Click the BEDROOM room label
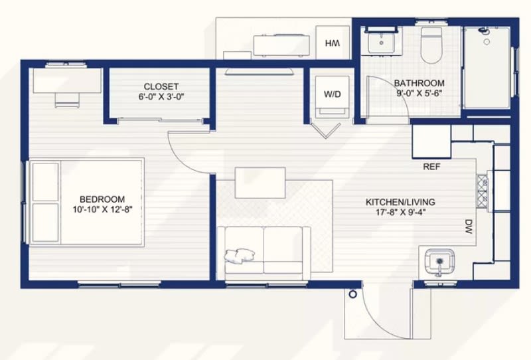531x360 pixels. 102,199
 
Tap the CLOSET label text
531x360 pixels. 161,86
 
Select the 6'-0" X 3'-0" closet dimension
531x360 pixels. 161,97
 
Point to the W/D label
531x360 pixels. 333,94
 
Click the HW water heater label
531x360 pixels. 333,43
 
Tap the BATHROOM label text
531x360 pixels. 419,83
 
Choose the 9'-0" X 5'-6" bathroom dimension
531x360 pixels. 419,93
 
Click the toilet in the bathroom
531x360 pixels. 431,45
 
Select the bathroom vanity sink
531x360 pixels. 382,42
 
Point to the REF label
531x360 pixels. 432,167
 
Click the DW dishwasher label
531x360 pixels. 469,226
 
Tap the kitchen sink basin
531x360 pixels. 439,262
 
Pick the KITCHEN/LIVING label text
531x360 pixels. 400,202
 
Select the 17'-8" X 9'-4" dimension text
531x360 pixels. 400,213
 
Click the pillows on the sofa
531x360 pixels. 239,255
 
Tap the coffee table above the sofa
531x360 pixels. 260,183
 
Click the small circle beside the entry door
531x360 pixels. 353,294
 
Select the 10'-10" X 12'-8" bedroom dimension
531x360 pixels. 102,209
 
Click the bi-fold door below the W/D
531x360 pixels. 326,131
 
